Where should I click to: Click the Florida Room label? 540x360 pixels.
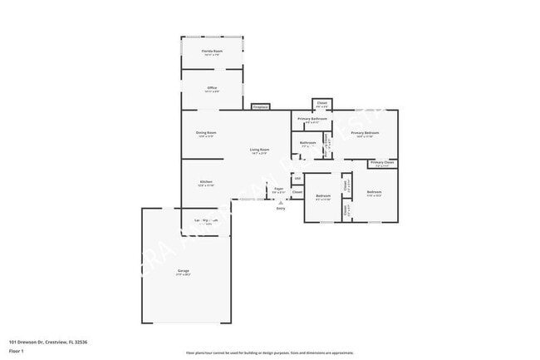pyautogui.click(x=211, y=52)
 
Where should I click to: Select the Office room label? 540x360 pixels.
pyautogui.click(x=211, y=88)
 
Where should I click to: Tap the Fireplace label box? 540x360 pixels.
pyautogui.click(x=261, y=107)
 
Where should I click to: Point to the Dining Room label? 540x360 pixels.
pyautogui.click(x=206, y=134)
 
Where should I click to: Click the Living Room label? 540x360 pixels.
pyautogui.click(x=259, y=151)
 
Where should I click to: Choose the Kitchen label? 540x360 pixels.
pyautogui.click(x=206, y=183)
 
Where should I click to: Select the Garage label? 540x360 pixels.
pyautogui.click(x=183, y=273)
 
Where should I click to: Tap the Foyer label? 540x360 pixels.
pyautogui.click(x=279, y=190)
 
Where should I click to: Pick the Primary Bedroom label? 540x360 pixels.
pyautogui.click(x=365, y=134)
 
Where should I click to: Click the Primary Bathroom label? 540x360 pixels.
pyautogui.click(x=312, y=121)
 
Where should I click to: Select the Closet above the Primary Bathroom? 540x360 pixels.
pyautogui.click(x=322, y=105)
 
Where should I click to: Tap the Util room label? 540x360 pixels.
pyautogui.click(x=297, y=178)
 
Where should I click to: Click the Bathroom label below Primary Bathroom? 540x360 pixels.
pyautogui.click(x=308, y=144)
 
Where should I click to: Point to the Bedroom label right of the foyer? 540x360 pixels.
pyautogui.click(x=323, y=198)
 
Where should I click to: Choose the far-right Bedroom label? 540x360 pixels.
pyautogui.click(x=374, y=194)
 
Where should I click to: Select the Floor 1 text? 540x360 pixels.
pyautogui.click(x=17, y=351)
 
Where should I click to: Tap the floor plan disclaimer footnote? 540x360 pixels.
pyautogui.click(x=269, y=353)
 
